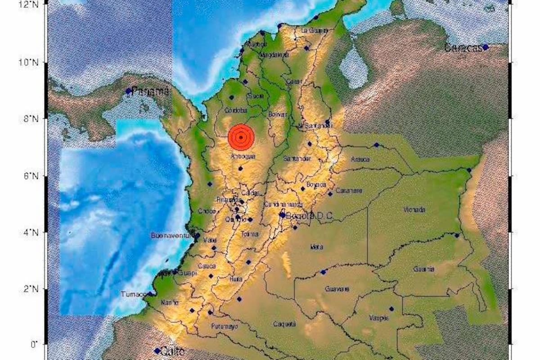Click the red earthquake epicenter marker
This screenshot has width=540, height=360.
241,137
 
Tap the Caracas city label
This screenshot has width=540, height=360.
463,48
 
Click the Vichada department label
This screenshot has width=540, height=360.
414,210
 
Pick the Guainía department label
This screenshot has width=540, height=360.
424,269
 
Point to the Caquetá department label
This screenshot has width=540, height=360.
284,324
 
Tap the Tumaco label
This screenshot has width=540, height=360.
133,294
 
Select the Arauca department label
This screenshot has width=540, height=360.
360,159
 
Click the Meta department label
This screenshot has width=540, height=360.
316,247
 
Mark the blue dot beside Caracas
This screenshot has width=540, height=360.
486,47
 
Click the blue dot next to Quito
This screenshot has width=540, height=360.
157,351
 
